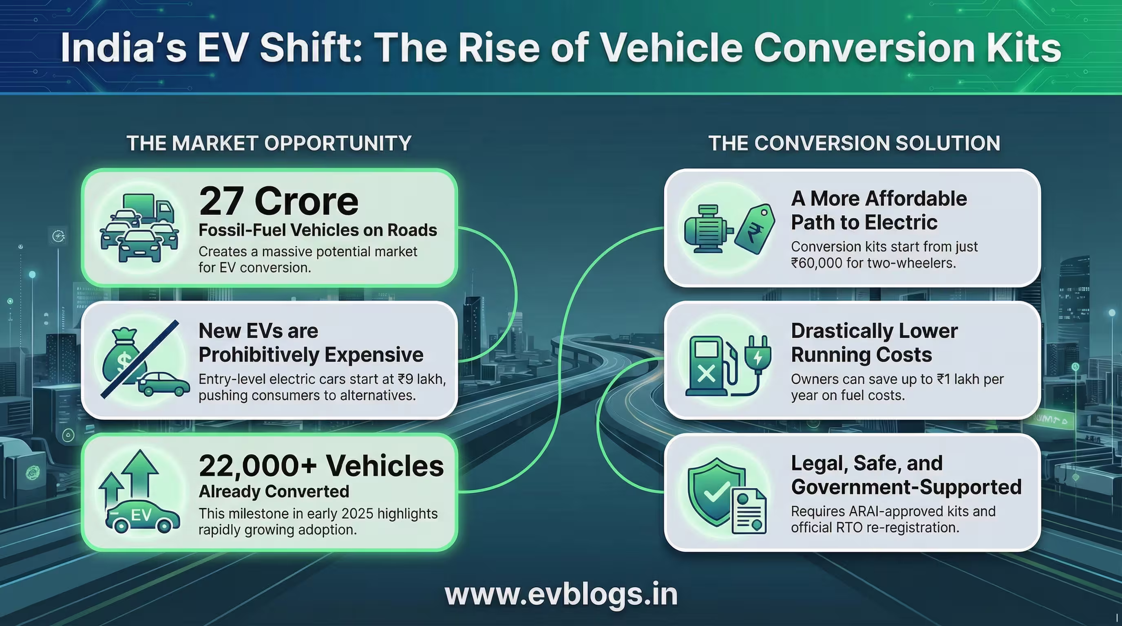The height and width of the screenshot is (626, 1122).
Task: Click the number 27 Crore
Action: coord(279,201)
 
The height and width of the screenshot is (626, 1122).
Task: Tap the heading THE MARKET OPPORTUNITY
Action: coord(269,143)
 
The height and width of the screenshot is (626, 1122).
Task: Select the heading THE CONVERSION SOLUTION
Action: coord(854,143)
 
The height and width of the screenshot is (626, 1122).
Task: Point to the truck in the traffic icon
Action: coord(148,208)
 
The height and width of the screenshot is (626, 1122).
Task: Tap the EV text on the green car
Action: coord(141,516)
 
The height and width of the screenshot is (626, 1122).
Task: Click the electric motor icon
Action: coord(707,229)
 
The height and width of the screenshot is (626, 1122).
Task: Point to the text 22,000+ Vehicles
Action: coord(321,466)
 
